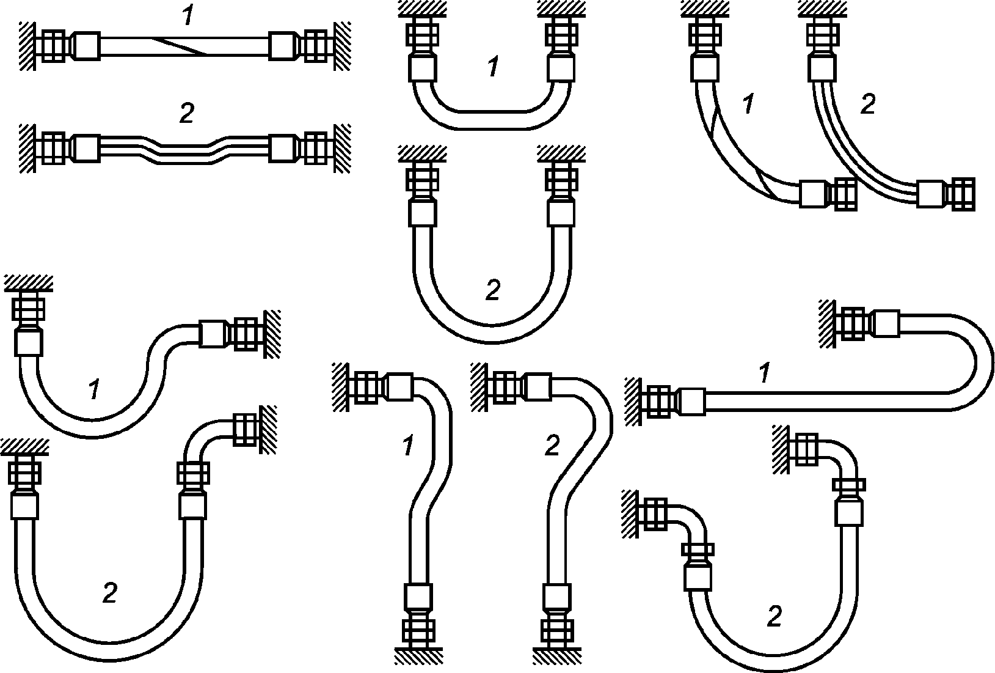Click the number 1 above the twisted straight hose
(188, 15)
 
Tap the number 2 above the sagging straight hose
(187, 113)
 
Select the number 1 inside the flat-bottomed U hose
(493, 67)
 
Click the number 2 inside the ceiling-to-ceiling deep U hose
(493, 289)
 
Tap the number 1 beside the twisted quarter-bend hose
(748, 103)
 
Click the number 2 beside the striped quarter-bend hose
(867, 103)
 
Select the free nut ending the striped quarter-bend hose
(960, 194)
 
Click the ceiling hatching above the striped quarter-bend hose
(822, 9)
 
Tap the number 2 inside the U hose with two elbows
(774, 617)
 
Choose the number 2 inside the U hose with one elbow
(110, 592)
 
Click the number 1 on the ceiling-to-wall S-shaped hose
(93, 389)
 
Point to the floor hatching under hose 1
(418, 656)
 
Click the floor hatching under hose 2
(557, 656)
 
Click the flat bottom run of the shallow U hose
(492, 120)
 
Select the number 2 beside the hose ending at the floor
(552, 445)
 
